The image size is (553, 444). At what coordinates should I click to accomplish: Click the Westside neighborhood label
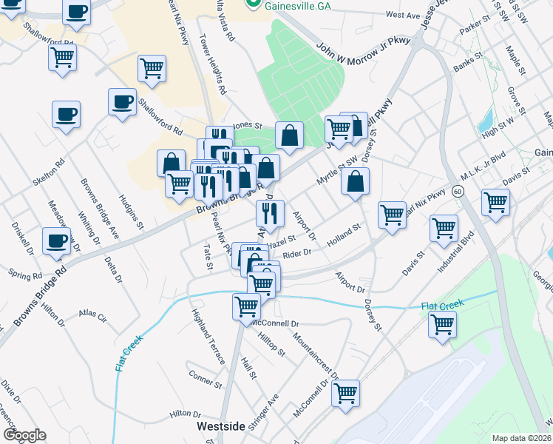tap(220, 427)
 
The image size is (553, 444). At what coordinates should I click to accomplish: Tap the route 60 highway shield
tap(458, 192)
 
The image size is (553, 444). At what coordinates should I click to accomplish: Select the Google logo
tap(24, 435)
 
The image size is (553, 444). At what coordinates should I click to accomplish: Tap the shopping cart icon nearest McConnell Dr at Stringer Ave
tap(345, 393)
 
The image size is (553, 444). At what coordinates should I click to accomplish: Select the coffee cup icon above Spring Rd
tap(57, 241)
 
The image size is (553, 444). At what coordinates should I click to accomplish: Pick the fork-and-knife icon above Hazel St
tap(270, 213)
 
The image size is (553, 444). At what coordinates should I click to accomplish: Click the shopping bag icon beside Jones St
tap(289, 135)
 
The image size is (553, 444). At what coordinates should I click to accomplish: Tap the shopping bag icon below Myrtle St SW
tap(356, 181)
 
